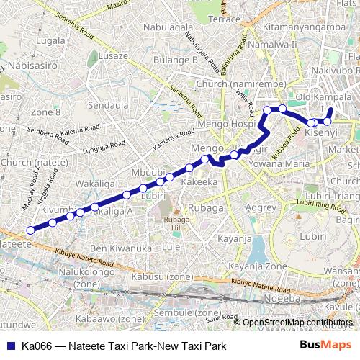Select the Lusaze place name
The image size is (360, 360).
pyautogui.click(x=114, y=55)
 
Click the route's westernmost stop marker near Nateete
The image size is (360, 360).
pyautogui.click(x=30, y=230)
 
